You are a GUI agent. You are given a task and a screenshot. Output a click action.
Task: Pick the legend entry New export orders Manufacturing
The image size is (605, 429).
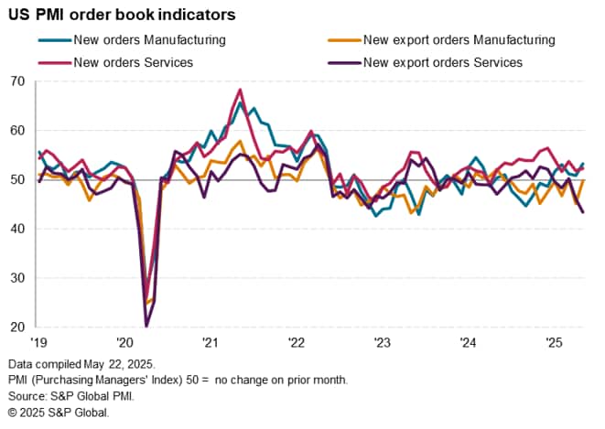point(459,39)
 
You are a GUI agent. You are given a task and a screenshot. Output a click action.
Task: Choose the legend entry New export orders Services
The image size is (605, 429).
point(443,62)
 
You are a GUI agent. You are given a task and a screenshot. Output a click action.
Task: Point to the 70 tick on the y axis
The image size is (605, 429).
point(16,81)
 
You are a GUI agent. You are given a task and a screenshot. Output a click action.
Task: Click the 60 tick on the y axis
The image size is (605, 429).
point(16,131)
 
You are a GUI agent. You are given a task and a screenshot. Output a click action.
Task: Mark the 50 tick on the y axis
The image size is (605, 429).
point(16,179)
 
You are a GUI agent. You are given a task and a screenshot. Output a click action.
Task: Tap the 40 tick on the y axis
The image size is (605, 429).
point(16,229)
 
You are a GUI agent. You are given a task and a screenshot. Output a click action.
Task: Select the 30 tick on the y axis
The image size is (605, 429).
point(16,278)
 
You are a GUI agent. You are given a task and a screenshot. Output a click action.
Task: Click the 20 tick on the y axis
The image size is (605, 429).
point(16,327)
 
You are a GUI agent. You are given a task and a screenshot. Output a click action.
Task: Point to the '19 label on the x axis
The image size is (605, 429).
point(38,342)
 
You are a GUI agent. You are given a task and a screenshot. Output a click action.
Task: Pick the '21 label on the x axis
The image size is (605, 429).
point(210,342)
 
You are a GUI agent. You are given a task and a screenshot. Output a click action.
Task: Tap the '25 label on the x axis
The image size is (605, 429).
point(553,342)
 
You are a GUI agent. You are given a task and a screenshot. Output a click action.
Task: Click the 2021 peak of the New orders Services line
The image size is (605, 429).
point(240,90)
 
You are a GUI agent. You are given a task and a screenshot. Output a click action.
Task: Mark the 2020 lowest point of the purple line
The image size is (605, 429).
point(146,326)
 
